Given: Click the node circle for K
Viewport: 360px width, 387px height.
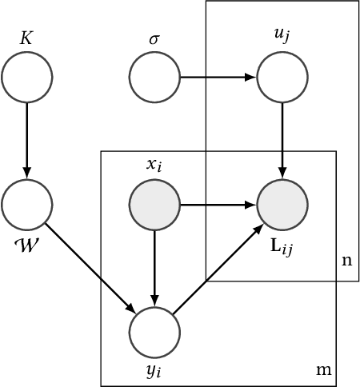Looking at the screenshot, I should point(27,78).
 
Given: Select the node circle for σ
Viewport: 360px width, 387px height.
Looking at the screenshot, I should point(155,78).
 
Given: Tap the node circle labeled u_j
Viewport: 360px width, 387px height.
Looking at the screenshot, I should point(282,78).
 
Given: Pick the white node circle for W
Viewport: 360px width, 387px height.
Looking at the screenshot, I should point(27,205).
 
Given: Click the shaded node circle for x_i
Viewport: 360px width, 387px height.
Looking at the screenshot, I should point(155,205).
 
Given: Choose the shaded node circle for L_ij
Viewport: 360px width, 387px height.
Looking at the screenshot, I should point(282,205).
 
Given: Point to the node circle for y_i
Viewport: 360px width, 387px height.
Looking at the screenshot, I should point(155,333).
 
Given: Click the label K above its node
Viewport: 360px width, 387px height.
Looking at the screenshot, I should point(27,38).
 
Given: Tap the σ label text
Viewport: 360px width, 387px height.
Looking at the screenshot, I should point(155,39).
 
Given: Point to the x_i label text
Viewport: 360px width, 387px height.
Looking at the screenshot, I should point(155,166).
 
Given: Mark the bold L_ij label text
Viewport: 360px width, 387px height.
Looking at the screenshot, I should point(282,246).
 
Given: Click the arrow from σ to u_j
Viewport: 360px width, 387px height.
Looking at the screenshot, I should point(218,78).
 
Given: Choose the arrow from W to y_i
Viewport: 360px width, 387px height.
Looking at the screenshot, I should point(91,269).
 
